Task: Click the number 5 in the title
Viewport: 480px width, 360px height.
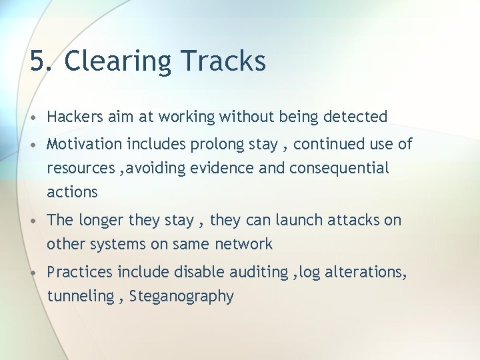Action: pyautogui.click(x=37, y=61)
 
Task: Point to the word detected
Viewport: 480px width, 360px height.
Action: pyautogui.click(x=355, y=117)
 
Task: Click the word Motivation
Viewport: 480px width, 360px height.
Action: pyautogui.click(x=85, y=144)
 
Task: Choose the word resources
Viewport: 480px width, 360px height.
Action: pyautogui.click(x=79, y=169)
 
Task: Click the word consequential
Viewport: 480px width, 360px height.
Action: pyautogui.click(x=339, y=169)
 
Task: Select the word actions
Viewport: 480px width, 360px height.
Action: pyautogui.click(x=72, y=193)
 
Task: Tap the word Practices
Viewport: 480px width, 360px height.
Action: pyautogui.click(x=80, y=272)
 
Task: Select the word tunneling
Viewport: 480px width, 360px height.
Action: pyautogui.click(x=80, y=297)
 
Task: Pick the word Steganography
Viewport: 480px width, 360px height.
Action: pyautogui.click(x=181, y=297)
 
